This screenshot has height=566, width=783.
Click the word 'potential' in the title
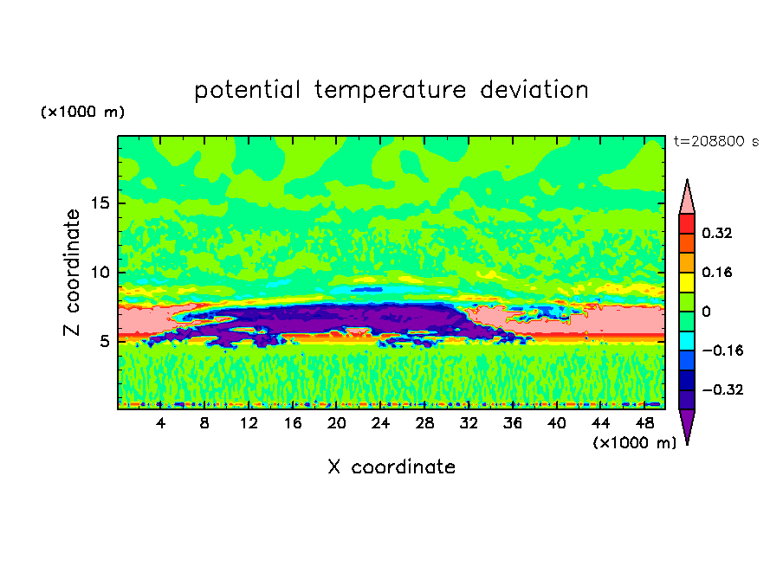click(x=247, y=90)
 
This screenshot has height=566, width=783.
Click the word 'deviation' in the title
click(x=534, y=90)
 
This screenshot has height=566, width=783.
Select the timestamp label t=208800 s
click(x=716, y=141)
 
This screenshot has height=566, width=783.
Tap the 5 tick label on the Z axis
click(x=104, y=341)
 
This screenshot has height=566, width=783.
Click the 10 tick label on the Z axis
click(x=100, y=272)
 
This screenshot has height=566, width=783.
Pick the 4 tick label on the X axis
click(x=160, y=423)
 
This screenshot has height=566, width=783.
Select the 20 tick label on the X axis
click(x=336, y=423)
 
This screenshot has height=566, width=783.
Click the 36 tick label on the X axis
click(x=513, y=423)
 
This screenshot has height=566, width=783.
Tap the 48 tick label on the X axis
click(x=644, y=423)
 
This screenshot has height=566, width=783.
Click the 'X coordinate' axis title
click(x=391, y=466)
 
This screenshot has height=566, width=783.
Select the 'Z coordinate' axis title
click(x=71, y=272)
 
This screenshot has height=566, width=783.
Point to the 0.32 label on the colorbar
click(x=716, y=233)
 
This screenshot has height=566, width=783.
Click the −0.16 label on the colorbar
click(x=722, y=351)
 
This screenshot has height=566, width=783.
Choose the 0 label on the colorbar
click(x=706, y=312)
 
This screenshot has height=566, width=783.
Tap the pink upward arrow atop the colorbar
click(x=687, y=197)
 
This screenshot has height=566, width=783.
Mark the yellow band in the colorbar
click(x=687, y=282)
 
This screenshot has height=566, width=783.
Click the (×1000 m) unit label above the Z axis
click(x=82, y=112)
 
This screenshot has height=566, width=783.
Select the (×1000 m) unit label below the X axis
click(x=634, y=443)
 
